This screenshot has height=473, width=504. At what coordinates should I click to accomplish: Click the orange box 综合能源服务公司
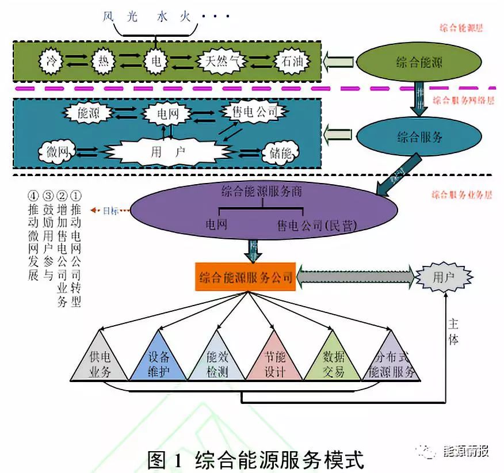click(246, 278)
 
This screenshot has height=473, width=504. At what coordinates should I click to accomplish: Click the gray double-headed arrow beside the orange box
click(356, 277)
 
